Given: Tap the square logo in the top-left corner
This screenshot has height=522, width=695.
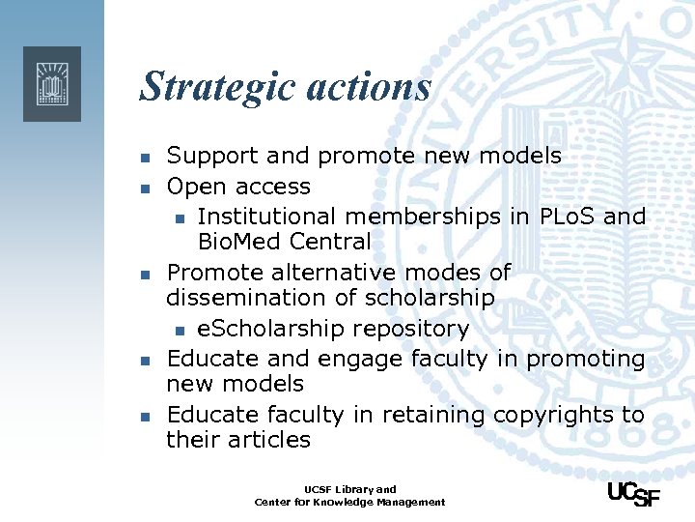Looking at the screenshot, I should (52, 83).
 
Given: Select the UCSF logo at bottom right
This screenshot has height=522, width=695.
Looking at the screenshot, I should (632, 493).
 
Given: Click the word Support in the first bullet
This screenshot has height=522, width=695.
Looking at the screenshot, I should (213, 156).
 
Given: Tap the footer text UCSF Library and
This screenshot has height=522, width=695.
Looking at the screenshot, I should (350, 489).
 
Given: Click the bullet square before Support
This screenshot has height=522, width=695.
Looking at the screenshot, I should (143, 158).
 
